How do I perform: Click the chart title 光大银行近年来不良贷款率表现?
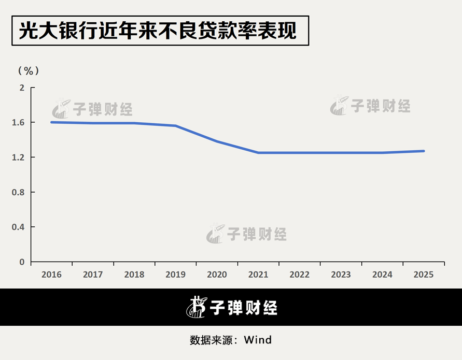tap(158, 31)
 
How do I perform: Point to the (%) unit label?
tap(29, 70)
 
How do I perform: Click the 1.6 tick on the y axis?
tap(19, 122)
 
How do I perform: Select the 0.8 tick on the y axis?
tap(19, 192)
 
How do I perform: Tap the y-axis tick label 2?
tap(22, 88)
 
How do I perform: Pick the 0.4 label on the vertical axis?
tap(19, 227)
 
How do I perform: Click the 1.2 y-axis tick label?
tap(19, 157)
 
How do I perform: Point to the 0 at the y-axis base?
tap(22, 262)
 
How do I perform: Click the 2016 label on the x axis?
tap(51, 275)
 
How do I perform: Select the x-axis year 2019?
tap(175, 275)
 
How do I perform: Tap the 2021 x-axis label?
tap(258, 275)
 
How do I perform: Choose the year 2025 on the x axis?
tap(424, 275)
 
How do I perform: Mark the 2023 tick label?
tap(341, 275)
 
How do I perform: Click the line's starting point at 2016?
tap(52, 122)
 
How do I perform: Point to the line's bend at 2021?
tap(258, 153)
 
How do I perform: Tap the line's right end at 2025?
tap(424, 151)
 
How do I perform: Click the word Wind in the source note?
tap(258, 340)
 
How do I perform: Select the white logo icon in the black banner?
tap(196, 307)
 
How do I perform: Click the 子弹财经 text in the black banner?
tap(244, 308)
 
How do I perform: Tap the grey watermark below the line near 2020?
tap(247, 234)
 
